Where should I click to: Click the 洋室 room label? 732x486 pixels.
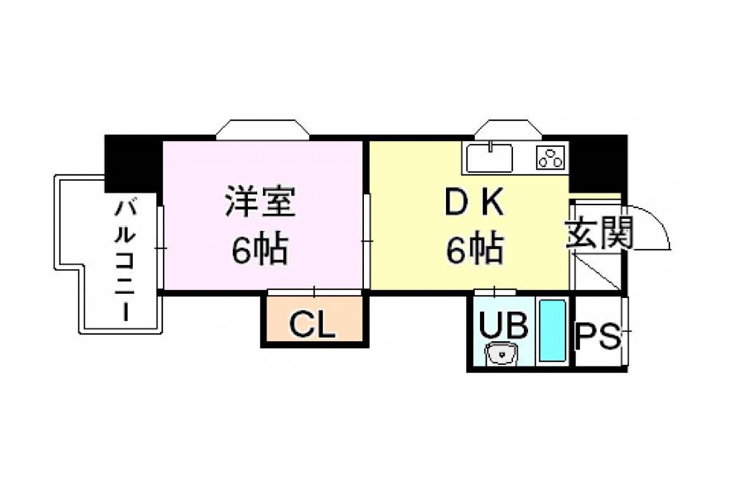[x=260, y=202]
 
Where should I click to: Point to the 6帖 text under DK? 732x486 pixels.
[x=474, y=248]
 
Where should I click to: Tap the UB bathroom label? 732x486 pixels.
[x=503, y=325]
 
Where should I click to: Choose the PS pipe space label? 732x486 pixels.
[x=597, y=335]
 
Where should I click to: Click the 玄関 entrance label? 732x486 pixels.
[x=599, y=233]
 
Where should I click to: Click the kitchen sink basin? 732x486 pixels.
[x=489, y=158]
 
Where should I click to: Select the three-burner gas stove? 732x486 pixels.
[x=551, y=158]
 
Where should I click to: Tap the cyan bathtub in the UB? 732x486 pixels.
[x=552, y=330]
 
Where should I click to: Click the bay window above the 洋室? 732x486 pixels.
[x=262, y=130]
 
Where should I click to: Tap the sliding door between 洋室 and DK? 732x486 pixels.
[x=367, y=241]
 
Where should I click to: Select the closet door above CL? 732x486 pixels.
[x=314, y=292]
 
